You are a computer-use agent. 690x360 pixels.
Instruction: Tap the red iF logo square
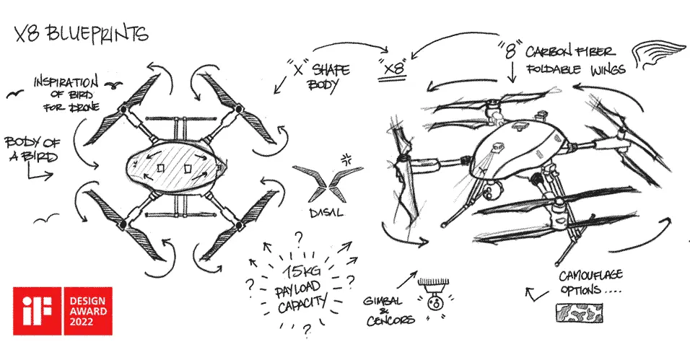(x=37, y=310)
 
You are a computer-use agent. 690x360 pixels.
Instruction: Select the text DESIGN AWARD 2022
(x=88, y=310)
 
